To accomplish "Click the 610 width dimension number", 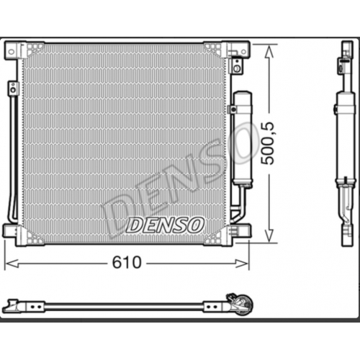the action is (x=127, y=263).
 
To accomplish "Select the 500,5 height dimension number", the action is (x=268, y=143).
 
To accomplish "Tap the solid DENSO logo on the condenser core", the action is (x=165, y=225).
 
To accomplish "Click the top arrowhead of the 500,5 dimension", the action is (x=269, y=52).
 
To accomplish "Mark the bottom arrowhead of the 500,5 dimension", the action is (x=269, y=235).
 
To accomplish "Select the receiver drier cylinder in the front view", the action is (x=242, y=138).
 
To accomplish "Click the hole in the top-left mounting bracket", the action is (x=11, y=51).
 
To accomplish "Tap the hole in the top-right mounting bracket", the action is (x=243, y=51).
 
